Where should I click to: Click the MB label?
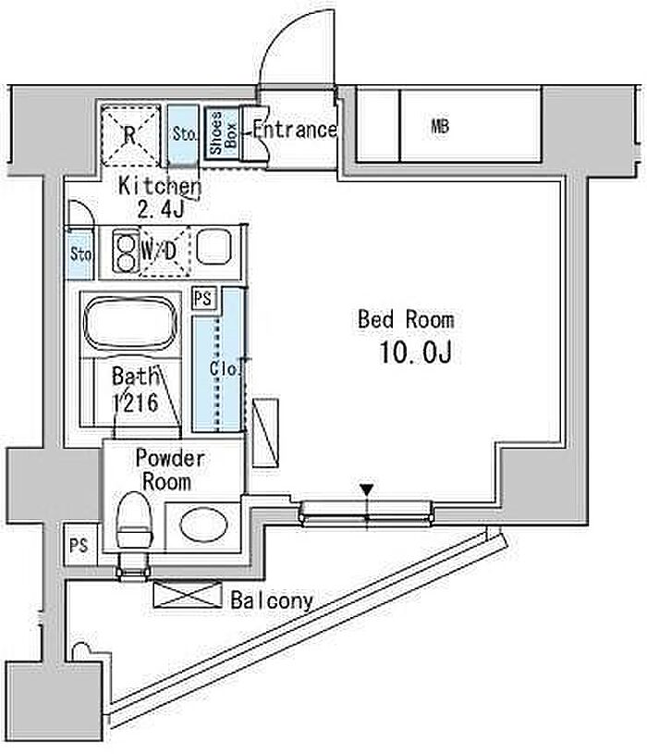tap(439, 128)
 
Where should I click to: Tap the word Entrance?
tap(294, 130)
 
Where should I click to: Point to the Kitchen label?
tap(160, 187)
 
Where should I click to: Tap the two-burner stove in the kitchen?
tap(123, 251)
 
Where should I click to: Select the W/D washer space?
tap(163, 250)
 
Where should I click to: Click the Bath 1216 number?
tap(134, 403)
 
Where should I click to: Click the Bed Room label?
tap(406, 320)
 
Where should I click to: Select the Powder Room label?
tap(170, 470)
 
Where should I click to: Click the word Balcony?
tap(272, 600)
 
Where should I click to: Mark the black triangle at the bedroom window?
tap(367, 490)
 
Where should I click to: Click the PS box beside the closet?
tap(202, 299)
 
